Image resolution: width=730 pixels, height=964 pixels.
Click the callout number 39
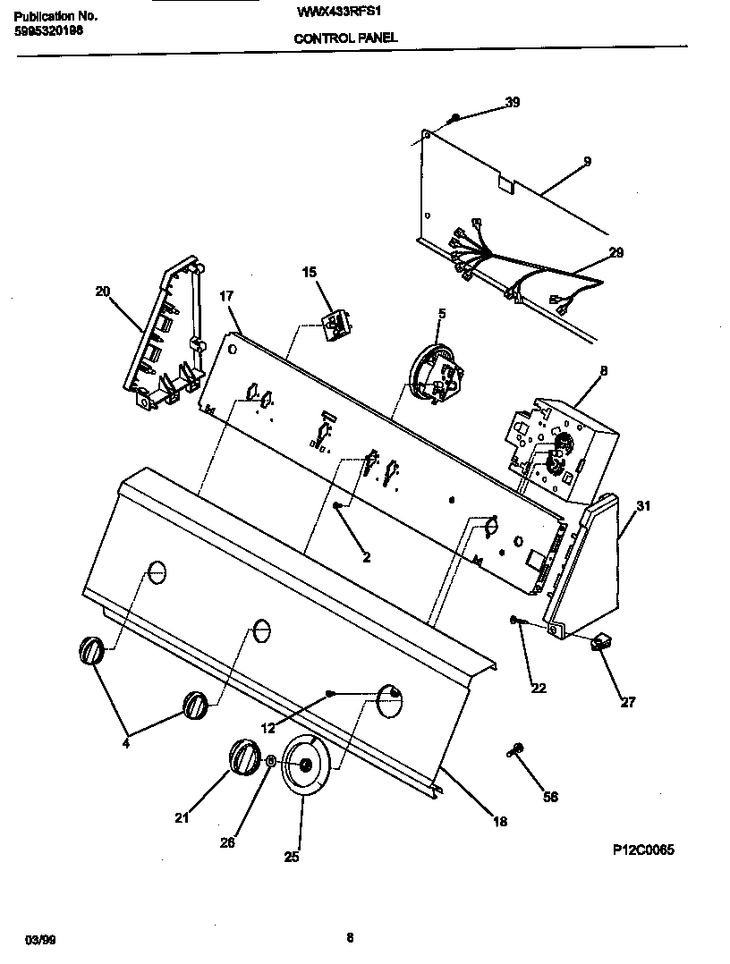click(x=512, y=103)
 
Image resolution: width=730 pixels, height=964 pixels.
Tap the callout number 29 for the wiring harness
click(x=615, y=253)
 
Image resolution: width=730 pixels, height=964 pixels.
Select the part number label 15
click(x=309, y=272)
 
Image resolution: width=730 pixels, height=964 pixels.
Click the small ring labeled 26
click(x=269, y=760)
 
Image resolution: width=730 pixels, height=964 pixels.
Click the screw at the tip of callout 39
click(x=455, y=117)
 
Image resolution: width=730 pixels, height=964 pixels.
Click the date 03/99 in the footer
click(x=38, y=939)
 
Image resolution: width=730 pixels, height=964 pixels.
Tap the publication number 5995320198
click(x=51, y=31)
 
